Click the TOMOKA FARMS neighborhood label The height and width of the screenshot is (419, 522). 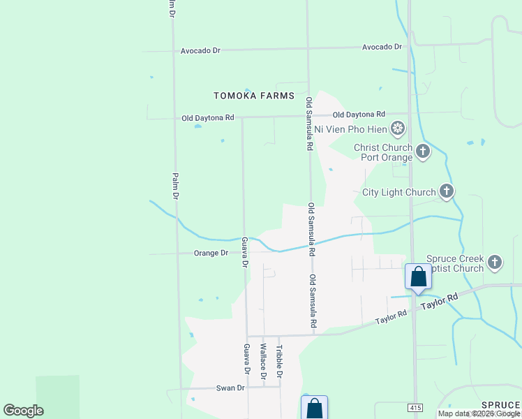click(253, 96)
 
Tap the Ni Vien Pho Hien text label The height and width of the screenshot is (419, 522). click(351, 128)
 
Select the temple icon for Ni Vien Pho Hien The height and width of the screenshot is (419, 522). click(398, 128)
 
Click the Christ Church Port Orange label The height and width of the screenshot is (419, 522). click(382, 152)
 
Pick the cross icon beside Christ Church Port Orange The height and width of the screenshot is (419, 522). click(422, 151)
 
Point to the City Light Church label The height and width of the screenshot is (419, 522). click(398, 192)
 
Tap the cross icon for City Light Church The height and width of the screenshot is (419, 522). click(447, 191)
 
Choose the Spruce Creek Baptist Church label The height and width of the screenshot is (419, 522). click(454, 263)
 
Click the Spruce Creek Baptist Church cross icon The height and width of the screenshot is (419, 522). click(495, 263)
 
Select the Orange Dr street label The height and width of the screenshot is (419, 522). click(211, 253)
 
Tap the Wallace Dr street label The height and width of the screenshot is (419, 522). click(264, 361)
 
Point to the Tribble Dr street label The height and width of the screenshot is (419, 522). click(279, 361)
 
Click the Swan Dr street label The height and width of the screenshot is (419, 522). click(230, 388)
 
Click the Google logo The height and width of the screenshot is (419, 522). click(23, 410)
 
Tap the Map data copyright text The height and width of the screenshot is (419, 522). click(479, 413)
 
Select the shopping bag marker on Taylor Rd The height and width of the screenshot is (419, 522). click(418, 277)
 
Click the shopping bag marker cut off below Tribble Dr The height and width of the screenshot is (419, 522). click(314, 408)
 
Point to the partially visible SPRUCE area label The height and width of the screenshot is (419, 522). click(500, 406)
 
